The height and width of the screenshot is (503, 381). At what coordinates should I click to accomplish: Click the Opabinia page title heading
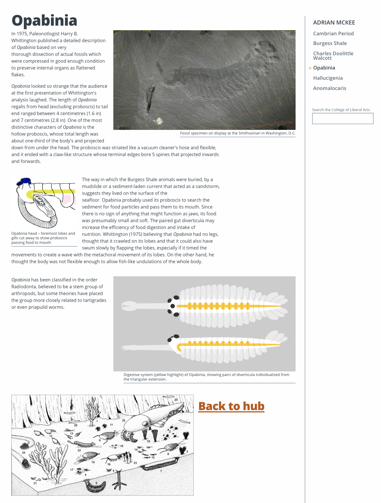(44, 21)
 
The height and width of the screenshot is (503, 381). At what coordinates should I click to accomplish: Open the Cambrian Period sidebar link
(333, 34)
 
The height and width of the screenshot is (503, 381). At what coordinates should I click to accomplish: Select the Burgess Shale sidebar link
(330, 43)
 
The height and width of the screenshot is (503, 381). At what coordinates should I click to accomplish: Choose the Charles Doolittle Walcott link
(333, 56)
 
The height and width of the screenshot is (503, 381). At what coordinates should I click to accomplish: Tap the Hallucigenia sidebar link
(328, 78)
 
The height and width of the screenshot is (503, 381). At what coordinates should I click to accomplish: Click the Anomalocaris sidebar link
(329, 88)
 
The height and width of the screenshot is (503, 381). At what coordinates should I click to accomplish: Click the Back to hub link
(231, 406)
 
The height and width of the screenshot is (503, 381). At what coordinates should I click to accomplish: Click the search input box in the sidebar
(343, 118)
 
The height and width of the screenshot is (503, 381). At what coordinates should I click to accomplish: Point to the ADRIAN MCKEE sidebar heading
(334, 23)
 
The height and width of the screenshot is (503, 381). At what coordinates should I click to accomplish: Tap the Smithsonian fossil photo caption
(237, 133)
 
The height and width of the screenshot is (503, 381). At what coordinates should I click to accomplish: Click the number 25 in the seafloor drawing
(124, 420)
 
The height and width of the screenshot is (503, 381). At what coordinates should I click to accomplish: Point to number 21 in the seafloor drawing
(35, 483)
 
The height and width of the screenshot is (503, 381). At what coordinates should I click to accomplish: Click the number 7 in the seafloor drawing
(161, 471)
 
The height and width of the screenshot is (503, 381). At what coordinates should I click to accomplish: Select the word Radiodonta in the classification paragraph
(23, 287)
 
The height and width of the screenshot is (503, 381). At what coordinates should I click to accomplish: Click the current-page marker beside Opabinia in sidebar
(310, 68)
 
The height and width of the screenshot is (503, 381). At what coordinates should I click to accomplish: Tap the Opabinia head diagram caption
(43, 238)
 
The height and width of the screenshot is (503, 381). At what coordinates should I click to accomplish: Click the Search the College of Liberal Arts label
(341, 110)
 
